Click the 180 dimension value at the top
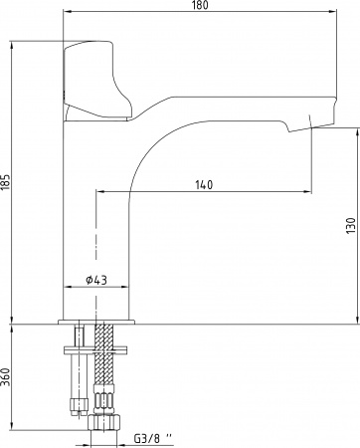(200, 5)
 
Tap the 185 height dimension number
(6, 182)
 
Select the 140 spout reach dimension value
(204, 185)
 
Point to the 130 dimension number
(351, 225)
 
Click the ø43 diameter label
(96, 280)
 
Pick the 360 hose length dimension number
(6, 377)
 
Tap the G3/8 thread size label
(153, 439)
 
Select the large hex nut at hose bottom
(103, 422)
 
